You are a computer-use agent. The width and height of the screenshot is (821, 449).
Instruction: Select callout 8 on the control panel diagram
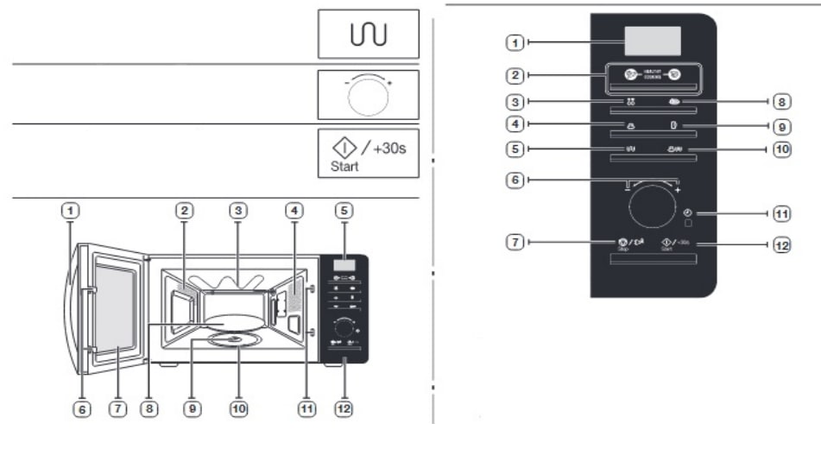[x=781, y=102]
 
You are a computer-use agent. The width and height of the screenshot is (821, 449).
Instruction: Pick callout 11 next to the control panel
[x=781, y=212]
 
